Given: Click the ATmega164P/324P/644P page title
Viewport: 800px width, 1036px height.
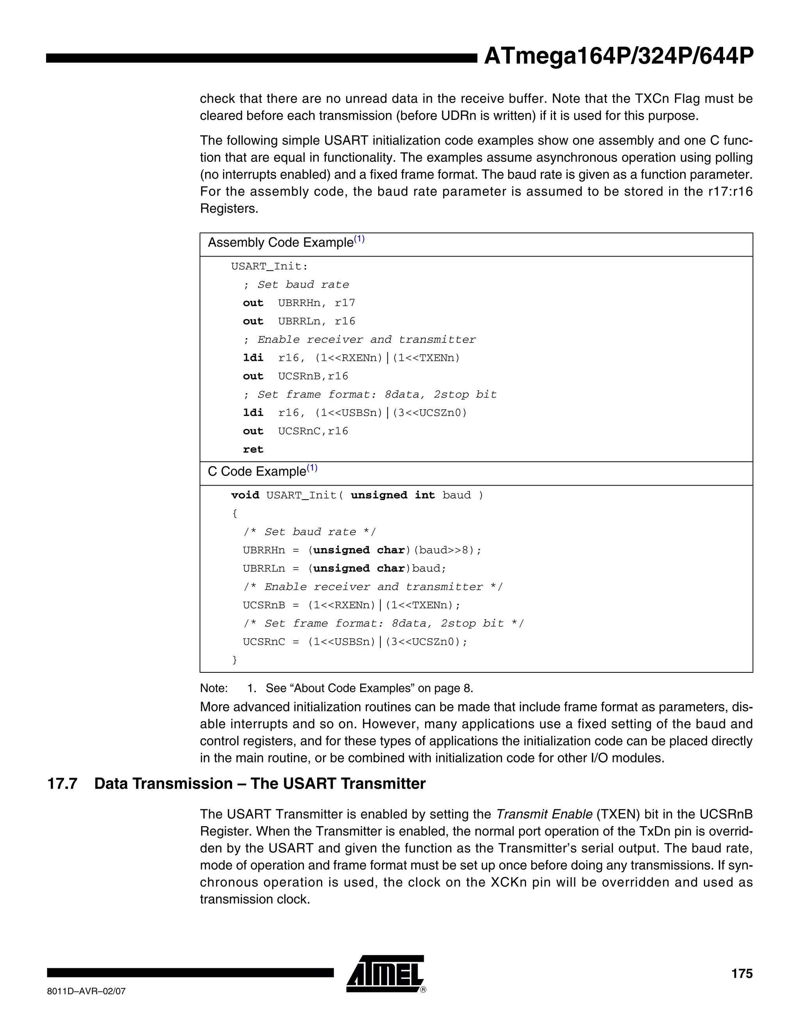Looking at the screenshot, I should coord(618,56).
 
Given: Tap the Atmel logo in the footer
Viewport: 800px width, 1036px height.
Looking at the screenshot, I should coord(385,973).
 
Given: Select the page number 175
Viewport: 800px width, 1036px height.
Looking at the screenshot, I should coord(741,973).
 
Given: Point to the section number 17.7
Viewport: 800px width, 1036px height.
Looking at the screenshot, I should coord(62,783).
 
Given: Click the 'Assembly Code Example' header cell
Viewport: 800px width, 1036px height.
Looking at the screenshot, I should coord(280,242).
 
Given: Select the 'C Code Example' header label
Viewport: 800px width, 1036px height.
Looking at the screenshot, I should coord(257,471).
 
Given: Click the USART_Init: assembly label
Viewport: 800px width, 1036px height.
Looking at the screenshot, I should coord(269,267).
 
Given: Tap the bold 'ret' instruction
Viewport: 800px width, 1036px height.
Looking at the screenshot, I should coord(253,450).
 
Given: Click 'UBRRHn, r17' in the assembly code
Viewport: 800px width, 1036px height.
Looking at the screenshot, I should coord(316,303).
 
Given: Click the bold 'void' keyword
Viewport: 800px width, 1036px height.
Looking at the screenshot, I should coord(245,495).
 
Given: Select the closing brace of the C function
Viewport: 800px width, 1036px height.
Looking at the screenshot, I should coord(234,660).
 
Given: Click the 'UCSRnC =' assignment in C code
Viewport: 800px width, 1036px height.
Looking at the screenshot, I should coord(270,642).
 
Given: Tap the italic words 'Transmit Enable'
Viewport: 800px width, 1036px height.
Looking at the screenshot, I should coord(544,814).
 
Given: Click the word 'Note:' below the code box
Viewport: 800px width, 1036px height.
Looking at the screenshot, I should coord(214,688).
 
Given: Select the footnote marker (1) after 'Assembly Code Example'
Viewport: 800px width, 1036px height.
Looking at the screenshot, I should coord(359,239).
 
